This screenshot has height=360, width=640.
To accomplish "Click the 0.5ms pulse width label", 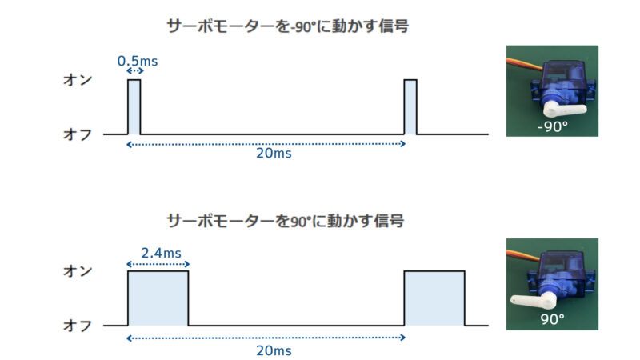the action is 137,62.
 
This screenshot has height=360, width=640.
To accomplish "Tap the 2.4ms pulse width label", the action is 161,253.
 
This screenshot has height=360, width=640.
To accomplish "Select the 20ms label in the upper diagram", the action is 274,154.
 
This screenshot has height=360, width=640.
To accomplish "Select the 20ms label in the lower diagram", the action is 274,350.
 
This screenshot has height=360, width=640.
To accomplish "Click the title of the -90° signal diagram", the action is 288,26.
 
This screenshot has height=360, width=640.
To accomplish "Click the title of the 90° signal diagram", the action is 286,222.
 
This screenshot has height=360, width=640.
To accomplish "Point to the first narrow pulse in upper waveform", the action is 134,107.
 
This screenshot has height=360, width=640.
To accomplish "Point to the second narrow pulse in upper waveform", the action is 410,107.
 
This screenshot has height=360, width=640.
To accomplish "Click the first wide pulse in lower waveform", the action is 158,298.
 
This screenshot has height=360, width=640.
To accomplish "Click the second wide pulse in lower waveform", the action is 434,298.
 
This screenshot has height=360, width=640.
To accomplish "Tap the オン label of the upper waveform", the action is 78,80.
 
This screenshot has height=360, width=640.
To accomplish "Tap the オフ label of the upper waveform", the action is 78,134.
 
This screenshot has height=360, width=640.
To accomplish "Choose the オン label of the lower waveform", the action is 78,271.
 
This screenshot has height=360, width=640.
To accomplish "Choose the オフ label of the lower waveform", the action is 78,326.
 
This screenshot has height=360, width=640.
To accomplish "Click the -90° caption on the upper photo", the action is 552,126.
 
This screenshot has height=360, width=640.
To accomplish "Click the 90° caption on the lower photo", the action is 552,318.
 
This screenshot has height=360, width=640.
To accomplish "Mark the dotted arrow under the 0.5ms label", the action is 134,71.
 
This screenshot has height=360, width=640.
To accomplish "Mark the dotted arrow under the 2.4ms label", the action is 158,264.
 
